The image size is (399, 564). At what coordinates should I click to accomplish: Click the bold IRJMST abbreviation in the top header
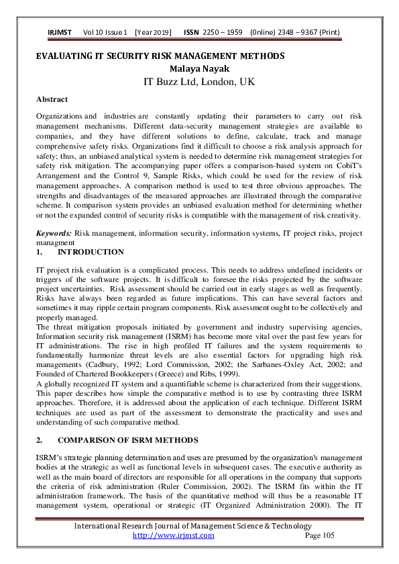coord(60,32)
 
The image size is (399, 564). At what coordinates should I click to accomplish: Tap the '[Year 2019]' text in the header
coord(153,32)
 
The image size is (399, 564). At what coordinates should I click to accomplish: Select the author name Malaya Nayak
coord(199,68)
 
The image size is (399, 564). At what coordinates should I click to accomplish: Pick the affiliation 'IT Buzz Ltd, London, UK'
coord(199,82)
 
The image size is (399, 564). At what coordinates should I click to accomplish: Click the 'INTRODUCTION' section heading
coord(91,252)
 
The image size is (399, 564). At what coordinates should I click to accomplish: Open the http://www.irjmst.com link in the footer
coord(174,535)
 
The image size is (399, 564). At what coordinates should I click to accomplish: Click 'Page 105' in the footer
coord(319,535)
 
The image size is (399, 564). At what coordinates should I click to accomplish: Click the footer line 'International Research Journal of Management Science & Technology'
coord(193,526)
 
